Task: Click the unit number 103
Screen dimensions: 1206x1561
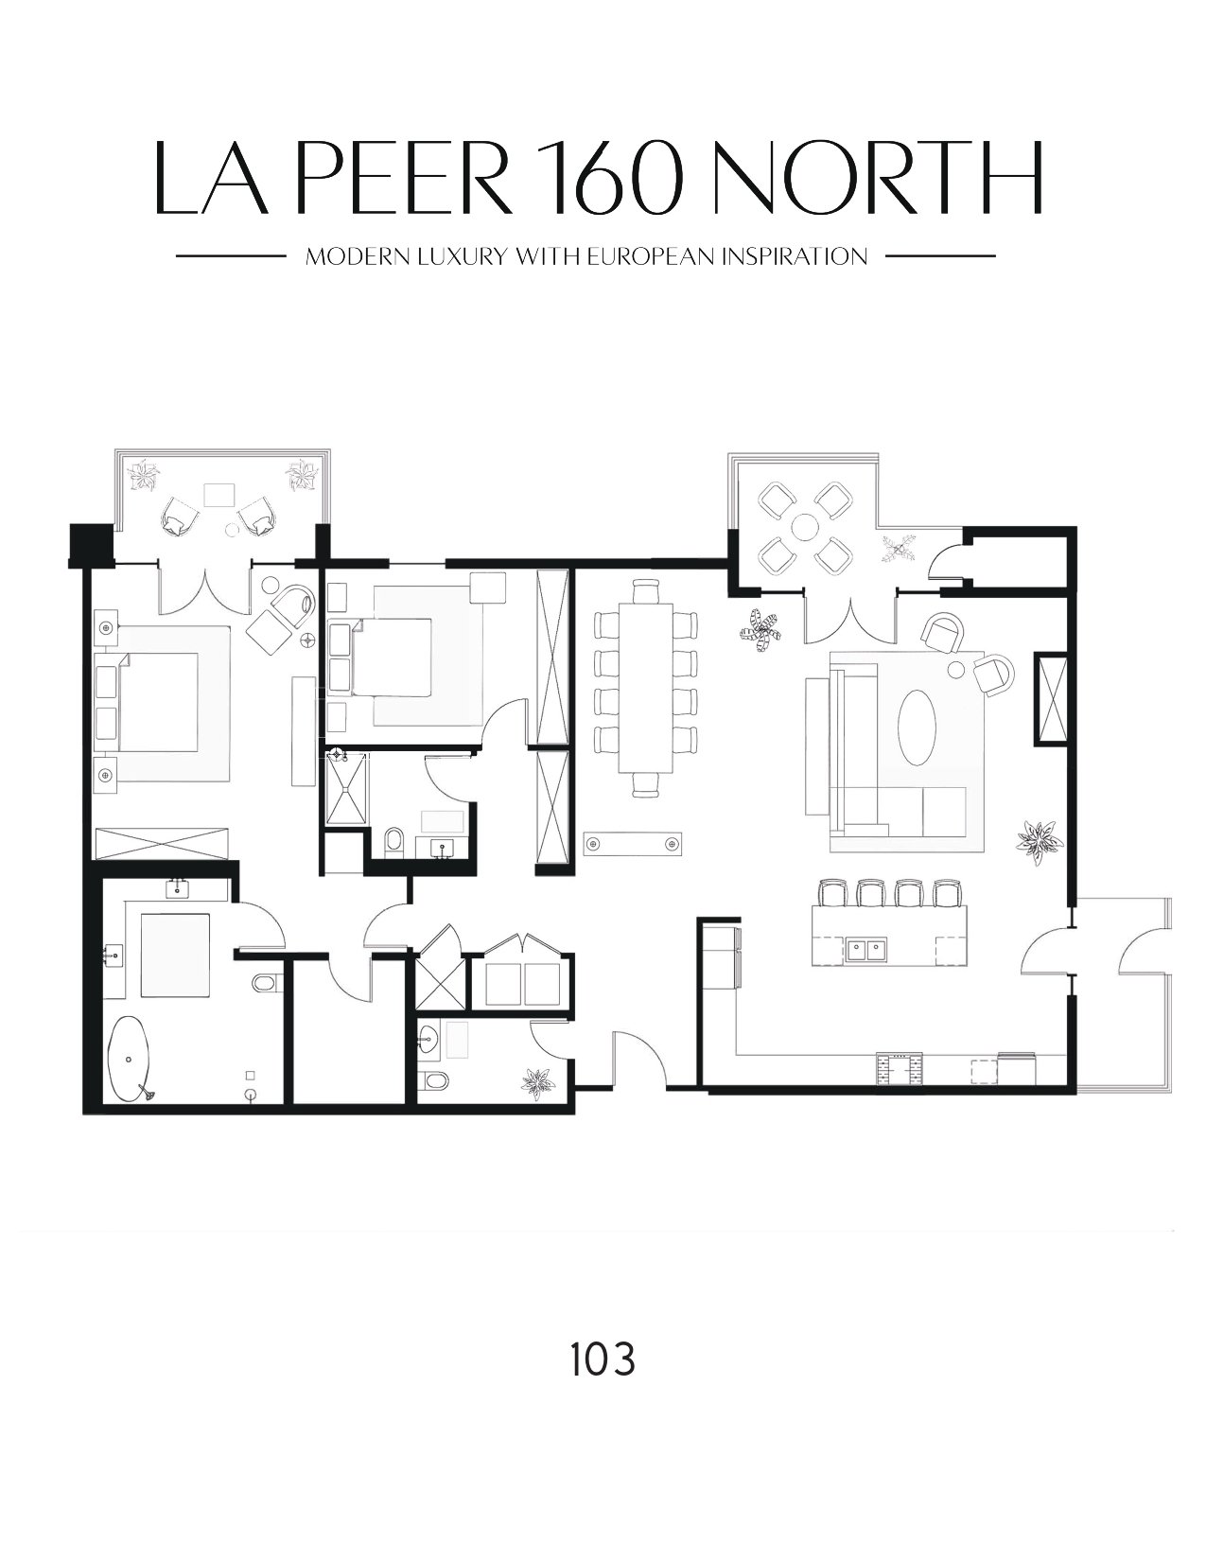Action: point(602,1360)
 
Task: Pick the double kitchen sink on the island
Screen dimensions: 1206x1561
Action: point(867,950)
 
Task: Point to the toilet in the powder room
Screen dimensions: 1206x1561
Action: point(434,1080)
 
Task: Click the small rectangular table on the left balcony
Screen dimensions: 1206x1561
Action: point(219,495)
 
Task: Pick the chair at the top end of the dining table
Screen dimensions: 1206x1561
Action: point(646,591)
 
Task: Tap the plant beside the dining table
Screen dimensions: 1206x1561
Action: point(761,631)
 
